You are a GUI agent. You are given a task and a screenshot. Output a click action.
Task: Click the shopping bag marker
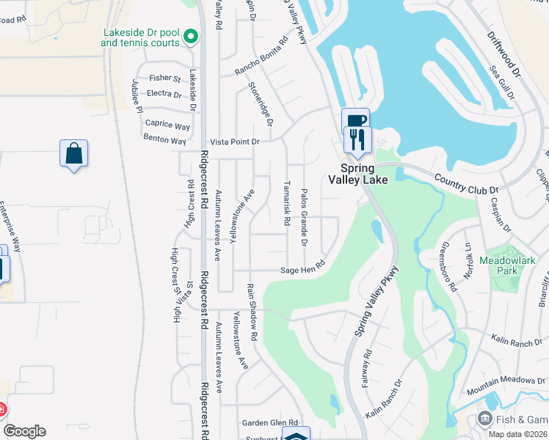click(x=73, y=154)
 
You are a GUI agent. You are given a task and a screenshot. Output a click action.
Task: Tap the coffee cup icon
click(x=355, y=121)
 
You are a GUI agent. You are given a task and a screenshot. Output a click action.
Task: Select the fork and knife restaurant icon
click(x=358, y=139)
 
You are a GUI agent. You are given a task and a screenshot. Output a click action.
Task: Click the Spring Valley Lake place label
click(x=357, y=174)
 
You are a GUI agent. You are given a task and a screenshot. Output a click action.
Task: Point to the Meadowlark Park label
click(x=509, y=265)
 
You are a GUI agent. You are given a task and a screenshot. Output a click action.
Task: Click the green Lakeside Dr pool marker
click(x=191, y=36)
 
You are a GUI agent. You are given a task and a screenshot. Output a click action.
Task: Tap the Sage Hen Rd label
click(x=302, y=270)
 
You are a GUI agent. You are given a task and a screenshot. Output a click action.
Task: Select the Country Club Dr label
click(x=466, y=184)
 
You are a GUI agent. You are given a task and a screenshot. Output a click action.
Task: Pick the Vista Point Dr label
click(x=235, y=142)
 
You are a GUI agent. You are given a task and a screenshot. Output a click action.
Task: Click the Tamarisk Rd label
click(x=287, y=202)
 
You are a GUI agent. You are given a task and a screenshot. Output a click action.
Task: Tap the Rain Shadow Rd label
click(x=252, y=312)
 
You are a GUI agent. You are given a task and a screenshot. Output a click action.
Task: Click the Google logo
click(x=24, y=431)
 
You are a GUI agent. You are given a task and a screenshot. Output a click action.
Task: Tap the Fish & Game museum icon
click(x=484, y=419)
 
